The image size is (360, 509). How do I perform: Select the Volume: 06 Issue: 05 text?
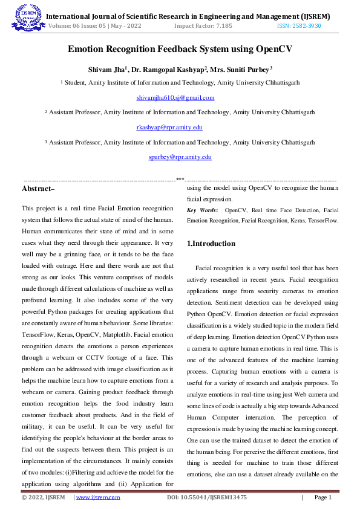click(x=76, y=26)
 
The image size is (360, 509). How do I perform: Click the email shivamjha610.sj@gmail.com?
click(x=175, y=97)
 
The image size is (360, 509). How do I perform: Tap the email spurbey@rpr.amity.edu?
click(x=180, y=157)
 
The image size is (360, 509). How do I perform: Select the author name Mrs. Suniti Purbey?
click(x=241, y=69)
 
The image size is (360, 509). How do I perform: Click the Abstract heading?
click(x=38, y=189)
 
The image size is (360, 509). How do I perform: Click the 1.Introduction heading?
click(x=211, y=244)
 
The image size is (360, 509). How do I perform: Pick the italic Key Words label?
click(x=201, y=210)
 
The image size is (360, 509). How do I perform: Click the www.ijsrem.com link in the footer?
click(x=97, y=498)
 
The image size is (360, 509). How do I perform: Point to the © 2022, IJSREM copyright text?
click(x=43, y=498)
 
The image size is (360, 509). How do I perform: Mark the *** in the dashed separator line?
click(x=180, y=179)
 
